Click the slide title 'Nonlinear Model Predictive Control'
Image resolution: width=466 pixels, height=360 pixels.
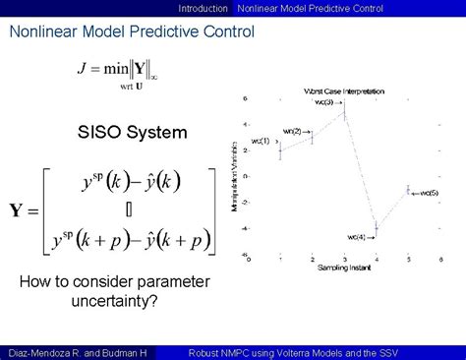(132, 31)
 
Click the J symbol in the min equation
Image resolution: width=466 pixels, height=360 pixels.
(82, 69)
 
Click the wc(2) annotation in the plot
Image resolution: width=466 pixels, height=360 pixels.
(293, 130)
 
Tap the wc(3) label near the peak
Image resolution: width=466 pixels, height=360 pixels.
(323, 101)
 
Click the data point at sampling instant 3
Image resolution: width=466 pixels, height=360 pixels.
(344, 114)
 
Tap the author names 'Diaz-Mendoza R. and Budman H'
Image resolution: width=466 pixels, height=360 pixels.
(76, 351)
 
